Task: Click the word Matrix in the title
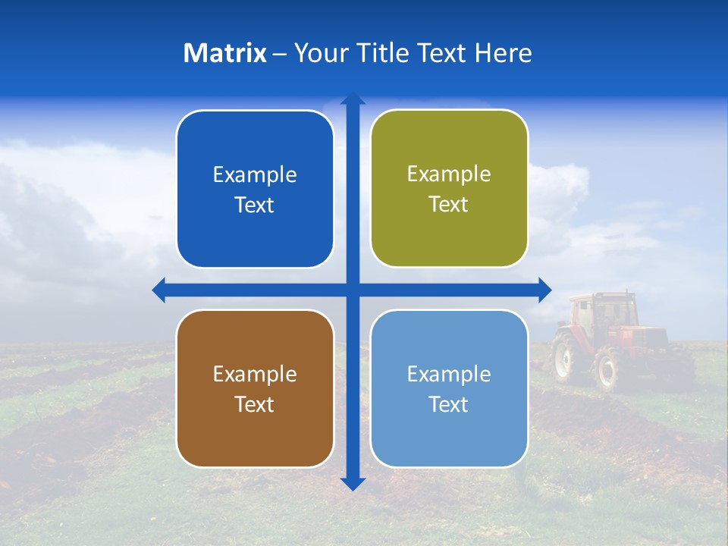(x=224, y=53)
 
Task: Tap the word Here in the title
(x=503, y=53)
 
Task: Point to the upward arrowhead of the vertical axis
(x=353, y=98)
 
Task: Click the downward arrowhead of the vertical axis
(x=353, y=484)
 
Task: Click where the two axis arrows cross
(x=353, y=290)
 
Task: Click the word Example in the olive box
(x=449, y=174)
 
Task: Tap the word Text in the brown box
(x=255, y=404)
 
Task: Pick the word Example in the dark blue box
(x=255, y=175)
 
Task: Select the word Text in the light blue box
(x=449, y=404)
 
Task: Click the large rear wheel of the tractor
(x=607, y=370)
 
